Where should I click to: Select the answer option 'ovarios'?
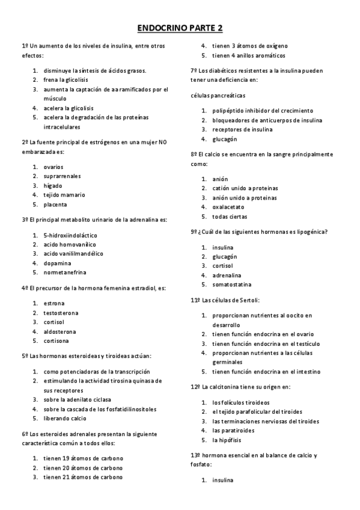53,167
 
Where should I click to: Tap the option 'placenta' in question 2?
55,204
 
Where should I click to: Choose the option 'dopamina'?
57,263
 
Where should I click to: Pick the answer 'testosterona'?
61,313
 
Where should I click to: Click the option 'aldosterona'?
59,331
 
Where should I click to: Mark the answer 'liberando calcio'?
65,418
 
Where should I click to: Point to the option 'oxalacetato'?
228,207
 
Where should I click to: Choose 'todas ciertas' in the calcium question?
230,217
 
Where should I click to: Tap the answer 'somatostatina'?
232,284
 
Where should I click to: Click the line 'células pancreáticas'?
218,96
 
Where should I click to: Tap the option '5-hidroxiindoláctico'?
70,235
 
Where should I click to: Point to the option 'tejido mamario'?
64,195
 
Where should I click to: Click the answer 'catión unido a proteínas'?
245,188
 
